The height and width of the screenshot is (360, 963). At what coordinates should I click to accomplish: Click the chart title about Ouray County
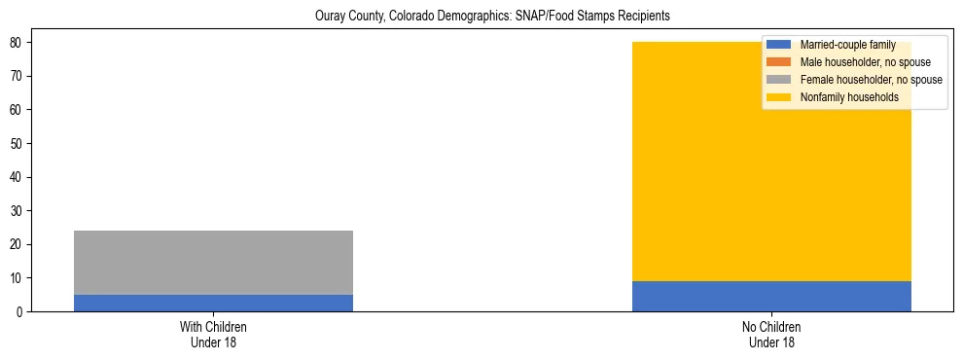[x=492, y=17]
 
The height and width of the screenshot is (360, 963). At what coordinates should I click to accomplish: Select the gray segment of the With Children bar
[x=213, y=263]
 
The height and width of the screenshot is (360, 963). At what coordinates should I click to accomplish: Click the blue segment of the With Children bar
[x=213, y=303]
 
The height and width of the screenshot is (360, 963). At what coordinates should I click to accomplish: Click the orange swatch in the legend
[x=779, y=62]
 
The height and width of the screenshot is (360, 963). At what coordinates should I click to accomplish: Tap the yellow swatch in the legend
[x=779, y=97]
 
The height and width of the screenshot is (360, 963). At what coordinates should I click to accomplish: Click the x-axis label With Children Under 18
[x=213, y=334]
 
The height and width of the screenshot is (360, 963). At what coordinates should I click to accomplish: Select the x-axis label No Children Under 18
[x=771, y=334]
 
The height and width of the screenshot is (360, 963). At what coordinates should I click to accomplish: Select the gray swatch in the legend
[x=779, y=80]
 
